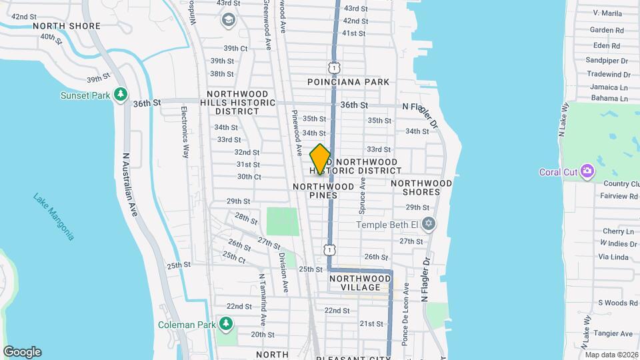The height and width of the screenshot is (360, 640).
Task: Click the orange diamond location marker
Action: pyautogui.click(x=320, y=159)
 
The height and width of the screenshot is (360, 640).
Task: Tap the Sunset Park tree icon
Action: pyautogui.click(x=121, y=95)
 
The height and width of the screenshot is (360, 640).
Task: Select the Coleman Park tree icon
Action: pyautogui.click(x=227, y=324)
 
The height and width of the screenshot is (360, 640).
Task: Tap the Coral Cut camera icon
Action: pyautogui.click(x=587, y=172)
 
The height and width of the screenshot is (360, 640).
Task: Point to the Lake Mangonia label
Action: pyautogui.click(x=54, y=217)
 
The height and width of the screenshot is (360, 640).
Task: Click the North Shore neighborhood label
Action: pyautogui.click(x=66, y=26)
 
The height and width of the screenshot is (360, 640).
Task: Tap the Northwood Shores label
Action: pyautogui.click(x=421, y=187)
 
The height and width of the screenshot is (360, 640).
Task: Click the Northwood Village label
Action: pyautogui.click(x=360, y=283)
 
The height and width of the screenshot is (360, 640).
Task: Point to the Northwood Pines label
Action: pyautogui.click(x=324, y=191)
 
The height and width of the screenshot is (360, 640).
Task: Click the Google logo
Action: pyautogui.click(x=22, y=352)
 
